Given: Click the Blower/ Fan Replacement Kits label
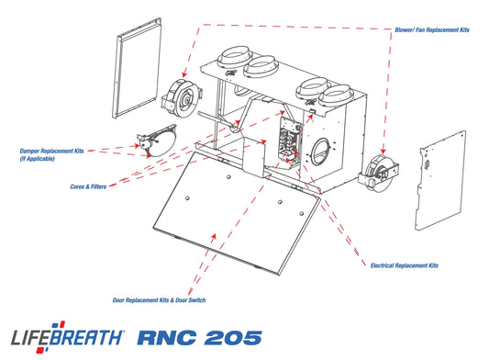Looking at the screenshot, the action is coord(432,30).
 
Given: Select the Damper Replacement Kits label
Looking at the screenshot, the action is coord(51,152).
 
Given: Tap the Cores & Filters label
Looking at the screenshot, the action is coord(88,186).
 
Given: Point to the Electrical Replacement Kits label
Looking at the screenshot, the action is coord(405,265).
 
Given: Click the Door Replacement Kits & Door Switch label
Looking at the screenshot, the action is coord(159,300).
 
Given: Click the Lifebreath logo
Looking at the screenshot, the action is coord(68,337).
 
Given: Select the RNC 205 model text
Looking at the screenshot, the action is coord(199,338).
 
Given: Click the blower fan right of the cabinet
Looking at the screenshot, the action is coord(378,173).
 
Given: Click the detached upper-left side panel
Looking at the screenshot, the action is coord(137,68).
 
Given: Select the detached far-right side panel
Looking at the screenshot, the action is coord(440,181).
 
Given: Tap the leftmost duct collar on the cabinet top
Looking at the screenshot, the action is coord(235,57).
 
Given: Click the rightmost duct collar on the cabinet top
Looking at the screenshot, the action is coord(336,95).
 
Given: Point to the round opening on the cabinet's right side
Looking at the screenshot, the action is coord(320,152).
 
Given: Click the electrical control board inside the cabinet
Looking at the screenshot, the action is coord(290,139).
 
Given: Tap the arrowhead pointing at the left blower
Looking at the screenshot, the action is coord(184,74).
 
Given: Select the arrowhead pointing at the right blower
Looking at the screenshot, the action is coord(383,151).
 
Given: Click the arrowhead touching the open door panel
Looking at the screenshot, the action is coord(214,236).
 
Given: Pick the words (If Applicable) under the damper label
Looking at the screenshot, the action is coord(37,159).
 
